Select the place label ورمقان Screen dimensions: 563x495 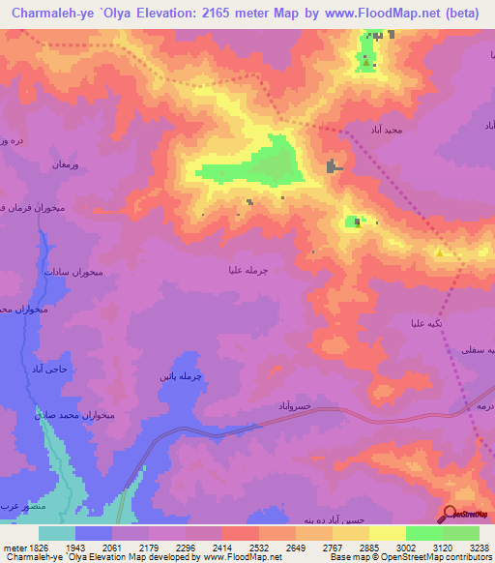pos(72,165)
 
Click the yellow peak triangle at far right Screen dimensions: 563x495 pos(440,253)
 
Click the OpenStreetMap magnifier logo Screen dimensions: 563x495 pos(451,514)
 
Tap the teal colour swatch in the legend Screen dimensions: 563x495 pos(56,533)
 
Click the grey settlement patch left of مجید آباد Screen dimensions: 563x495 pos(335,166)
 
